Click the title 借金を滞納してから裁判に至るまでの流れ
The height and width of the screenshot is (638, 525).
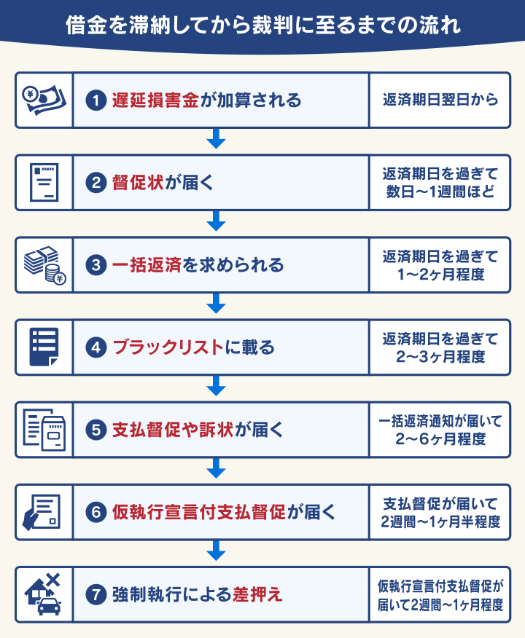pyautogui.click(x=262, y=27)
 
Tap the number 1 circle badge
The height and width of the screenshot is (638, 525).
pyautogui.click(x=97, y=100)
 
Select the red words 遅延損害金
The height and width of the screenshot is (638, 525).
pyautogui.click(x=155, y=100)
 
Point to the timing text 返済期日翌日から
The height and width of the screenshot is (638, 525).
pyautogui.click(x=440, y=100)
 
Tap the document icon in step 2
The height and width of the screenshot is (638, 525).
pyautogui.click(x=44, y=182)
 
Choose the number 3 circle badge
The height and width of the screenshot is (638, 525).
pyautogui.click(x=97, y=265)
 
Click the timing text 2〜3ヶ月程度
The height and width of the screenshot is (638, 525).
pyautogui.click(x=440, y=357)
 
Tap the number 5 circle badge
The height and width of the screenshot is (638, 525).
pyautogui.click(x=97, y=430)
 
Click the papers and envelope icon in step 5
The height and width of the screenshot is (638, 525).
pyautogui.click(x=44, y=430)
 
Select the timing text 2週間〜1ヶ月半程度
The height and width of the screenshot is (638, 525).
pyautogui.click(x=440, y=522)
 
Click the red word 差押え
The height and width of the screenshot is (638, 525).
pyautogui.click(x=257, y=595)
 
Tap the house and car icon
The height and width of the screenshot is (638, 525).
pyautogui.click(x=44, y=595)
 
